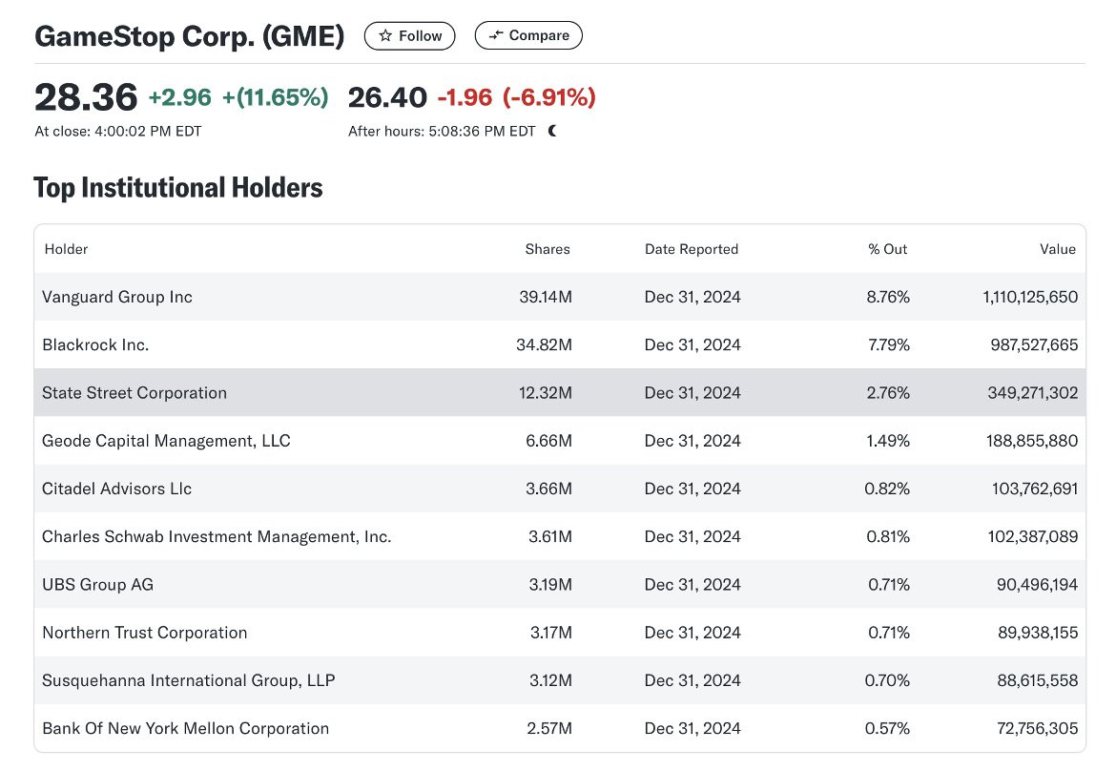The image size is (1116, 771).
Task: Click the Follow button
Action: coord(410,36)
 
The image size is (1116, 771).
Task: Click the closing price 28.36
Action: coord(86,97)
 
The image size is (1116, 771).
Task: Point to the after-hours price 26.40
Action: coord(387,97)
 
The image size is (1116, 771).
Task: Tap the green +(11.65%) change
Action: coord(275,97)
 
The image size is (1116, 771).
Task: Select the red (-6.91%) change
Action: coord(548,97)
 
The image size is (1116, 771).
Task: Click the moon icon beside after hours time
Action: coord(552,131)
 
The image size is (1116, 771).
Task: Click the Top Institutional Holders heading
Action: coord(178,188)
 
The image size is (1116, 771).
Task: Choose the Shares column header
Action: coord(547,249)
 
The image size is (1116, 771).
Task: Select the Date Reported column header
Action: coord(692,249)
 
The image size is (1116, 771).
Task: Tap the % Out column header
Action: coord(887,249)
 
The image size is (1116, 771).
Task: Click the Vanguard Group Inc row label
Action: coord(117,297)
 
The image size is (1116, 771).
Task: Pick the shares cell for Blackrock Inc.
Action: coord(544,344)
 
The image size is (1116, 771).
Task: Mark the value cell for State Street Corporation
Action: coord(1021,392)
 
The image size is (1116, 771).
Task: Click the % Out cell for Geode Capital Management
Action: coord(889,441)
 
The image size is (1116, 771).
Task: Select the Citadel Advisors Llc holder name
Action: coord(116,489)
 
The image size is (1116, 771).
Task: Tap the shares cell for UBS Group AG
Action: coord(549,584)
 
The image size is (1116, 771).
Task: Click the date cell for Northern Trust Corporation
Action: coord(692,633)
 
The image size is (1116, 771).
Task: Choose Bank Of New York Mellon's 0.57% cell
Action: coord(889,728)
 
